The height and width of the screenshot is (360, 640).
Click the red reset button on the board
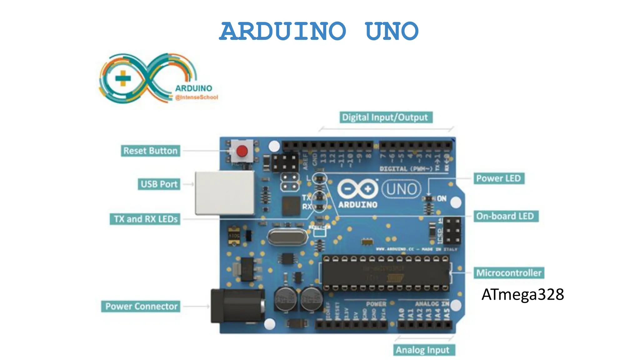(242, 151)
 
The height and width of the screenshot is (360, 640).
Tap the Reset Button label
(150, 151)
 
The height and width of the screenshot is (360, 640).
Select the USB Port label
(159, 184)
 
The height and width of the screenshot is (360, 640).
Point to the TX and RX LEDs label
(145, 219)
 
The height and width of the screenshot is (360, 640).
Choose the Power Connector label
(141, 307)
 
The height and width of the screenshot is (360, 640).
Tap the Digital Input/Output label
(386, 117)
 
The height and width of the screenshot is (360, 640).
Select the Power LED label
(498, 178)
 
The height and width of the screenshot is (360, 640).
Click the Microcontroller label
(509, 273)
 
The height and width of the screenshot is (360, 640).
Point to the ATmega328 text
(522, 294)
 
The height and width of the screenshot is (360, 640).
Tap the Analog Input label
(423, 350)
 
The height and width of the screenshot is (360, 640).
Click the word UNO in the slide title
(392, 31)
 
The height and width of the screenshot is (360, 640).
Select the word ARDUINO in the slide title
(283, 31)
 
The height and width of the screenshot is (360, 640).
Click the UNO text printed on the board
(402, 189)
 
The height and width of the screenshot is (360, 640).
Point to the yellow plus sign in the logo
(123, 78)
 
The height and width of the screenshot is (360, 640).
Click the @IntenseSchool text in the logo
(197, 97)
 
